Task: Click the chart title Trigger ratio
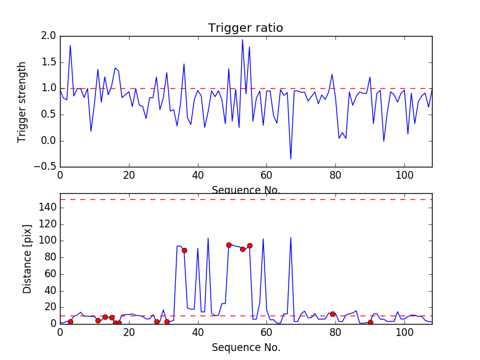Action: click(245, 28)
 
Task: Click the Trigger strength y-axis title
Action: click(22, 101)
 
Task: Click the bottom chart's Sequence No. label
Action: click(245, 347)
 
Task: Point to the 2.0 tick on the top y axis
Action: click(49, 36)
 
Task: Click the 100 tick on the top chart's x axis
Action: click(404, 175)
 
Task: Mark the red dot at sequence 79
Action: click(332, 314)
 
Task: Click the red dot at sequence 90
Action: click(370, 322)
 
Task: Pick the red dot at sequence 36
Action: click(184, 250)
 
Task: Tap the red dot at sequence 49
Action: click(229, 245)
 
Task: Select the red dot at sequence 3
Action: click(70, 322)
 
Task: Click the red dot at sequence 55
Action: click(250, 245)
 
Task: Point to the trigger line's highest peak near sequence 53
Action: click(242, 40)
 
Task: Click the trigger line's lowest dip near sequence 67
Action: click(291, 159)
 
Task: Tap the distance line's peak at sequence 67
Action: click(291, 238)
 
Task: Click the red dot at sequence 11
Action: click(98, 320)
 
